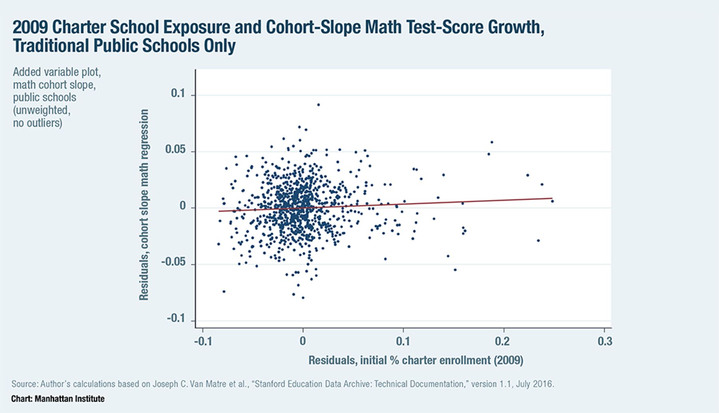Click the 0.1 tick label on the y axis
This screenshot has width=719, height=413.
[x=178, y=93]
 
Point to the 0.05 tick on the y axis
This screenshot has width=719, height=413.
[x=175, y=150]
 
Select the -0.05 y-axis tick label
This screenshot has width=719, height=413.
[x=173, y=262]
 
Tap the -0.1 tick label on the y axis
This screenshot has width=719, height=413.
[x=176, y=319]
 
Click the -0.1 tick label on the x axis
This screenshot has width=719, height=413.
[x=203, y=341]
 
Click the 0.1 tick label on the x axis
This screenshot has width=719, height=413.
[x=403, y=341]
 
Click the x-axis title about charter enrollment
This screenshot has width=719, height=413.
[x=416, y=360]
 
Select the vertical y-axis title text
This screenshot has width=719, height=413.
[x=143, y=205]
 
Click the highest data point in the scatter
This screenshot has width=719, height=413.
[x=318, y=105]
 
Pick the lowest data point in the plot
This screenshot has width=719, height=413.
[x=303, y=297]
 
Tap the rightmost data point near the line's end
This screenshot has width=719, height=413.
[x=552, y=201]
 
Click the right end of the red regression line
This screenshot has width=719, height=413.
[x=552, y=198]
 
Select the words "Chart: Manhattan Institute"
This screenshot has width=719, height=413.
[x=58, y=399]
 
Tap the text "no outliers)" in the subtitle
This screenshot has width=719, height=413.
[x=38, y=123]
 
